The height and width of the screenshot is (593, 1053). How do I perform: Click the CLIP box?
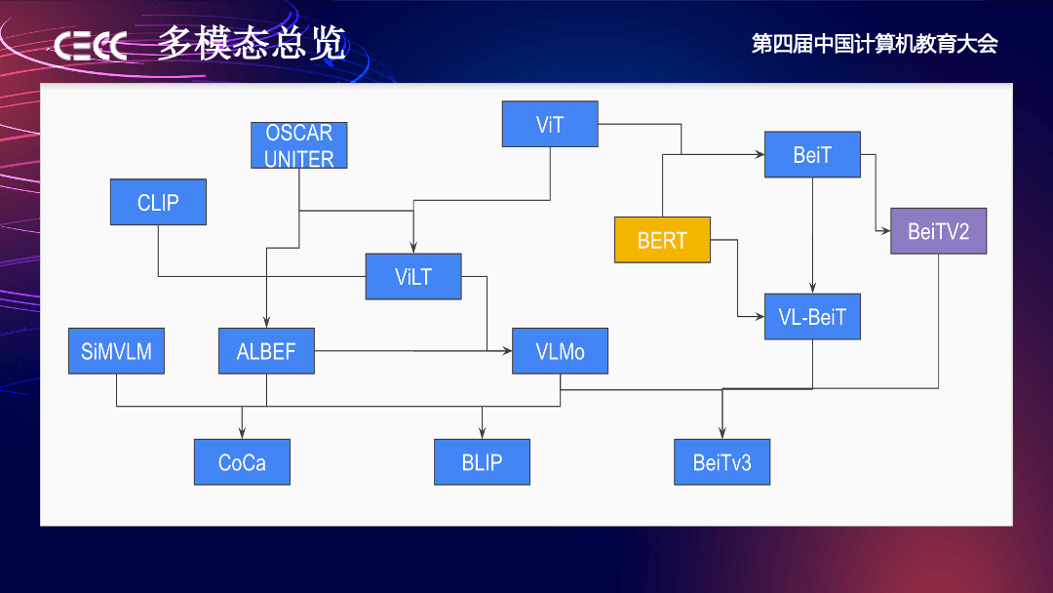(158, 202)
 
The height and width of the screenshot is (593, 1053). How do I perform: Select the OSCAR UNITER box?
(298, 145)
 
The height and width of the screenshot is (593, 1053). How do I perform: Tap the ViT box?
(550, 124)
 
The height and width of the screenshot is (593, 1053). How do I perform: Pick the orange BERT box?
(662, 240)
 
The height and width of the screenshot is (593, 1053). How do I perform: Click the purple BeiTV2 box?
(938, 231)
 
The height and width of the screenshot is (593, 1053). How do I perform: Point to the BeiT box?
(812, 154)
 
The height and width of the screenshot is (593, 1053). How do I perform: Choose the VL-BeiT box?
(812, 316)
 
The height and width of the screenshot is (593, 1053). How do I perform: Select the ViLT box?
(413, 276)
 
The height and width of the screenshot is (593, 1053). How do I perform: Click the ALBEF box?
(266, 351)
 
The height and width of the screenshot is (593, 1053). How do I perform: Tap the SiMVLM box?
(116, 351)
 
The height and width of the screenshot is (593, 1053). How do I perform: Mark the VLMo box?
(560, 351)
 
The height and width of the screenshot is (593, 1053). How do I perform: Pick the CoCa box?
(242, 462)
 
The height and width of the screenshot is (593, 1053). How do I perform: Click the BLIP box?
(482, 462)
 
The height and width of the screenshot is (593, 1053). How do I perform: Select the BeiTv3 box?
(721, 462)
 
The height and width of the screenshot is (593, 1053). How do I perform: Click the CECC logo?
(90, 46)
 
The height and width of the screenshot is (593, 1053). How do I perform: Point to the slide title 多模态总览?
(252, 43)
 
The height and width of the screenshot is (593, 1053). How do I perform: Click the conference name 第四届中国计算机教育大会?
(875, 44)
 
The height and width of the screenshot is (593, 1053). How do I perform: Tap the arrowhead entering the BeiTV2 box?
(885, 231)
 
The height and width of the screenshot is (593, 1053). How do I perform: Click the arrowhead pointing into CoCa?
(242, 433)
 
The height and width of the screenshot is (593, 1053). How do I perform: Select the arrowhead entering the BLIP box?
(482, 433)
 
